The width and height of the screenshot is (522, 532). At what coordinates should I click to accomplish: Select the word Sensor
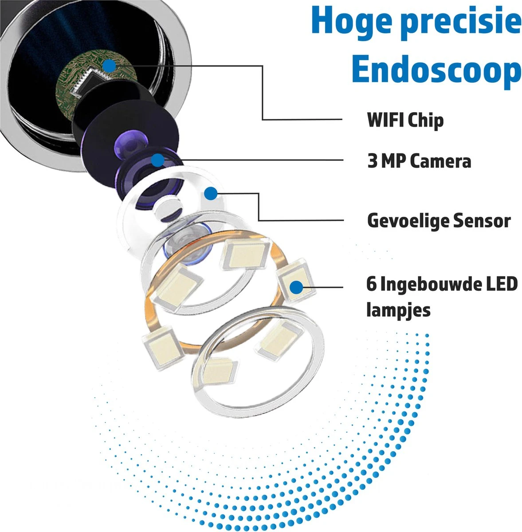click(482, 220)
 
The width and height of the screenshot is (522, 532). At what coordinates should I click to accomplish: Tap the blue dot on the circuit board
click(109, 66)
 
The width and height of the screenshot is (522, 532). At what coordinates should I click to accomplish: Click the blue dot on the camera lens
click(157, 160)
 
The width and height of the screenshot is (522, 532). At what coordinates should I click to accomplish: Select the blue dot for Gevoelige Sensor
click(211, 193)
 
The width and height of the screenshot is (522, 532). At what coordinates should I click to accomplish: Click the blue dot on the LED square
click(296, 287)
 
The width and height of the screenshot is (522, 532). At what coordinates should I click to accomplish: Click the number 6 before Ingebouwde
click(371, 284)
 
